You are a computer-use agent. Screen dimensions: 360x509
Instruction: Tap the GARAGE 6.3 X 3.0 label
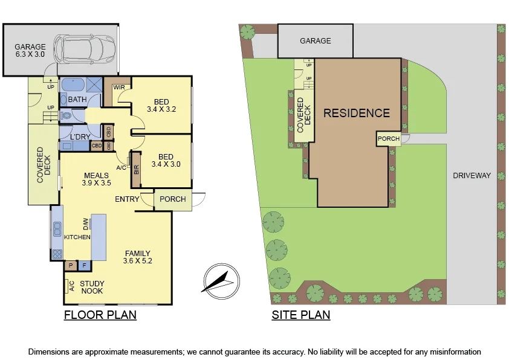point(30,50)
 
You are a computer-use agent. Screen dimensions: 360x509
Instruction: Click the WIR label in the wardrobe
point(118,87)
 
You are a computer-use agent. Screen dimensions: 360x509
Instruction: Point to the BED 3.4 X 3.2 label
point(161,106)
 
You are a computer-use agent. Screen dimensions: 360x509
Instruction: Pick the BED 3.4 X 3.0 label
point(166,159)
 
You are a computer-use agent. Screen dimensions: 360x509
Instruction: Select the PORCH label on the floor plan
point(172,199)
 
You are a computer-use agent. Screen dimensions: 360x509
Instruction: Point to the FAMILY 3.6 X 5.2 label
point(138,257)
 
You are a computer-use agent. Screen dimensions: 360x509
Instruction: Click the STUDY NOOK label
point(92,288)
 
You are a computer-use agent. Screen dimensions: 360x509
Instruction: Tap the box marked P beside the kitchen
point(71,265)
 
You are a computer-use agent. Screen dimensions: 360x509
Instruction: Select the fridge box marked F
point(85,265)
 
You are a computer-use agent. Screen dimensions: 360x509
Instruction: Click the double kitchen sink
point(57,229)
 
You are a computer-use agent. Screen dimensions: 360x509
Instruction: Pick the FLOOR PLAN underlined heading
point(100,315)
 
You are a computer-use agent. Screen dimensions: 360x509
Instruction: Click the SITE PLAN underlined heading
point(301,315)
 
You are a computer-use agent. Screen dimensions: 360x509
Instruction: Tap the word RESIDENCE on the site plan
point(356,113)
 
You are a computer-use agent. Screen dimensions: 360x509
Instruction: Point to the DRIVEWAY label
point(472,176)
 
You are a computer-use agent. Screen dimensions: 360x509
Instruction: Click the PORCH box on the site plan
point(388,138)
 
